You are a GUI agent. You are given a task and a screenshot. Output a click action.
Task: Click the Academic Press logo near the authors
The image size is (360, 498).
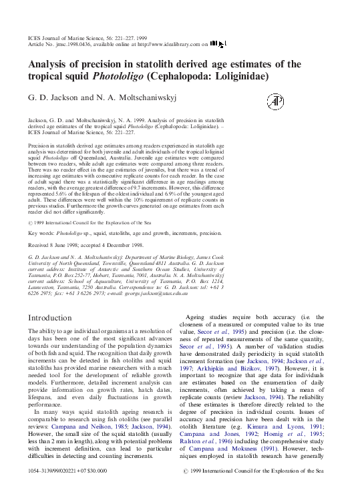click(x=275, y=101)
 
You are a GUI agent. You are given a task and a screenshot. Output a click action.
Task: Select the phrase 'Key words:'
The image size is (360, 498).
click(x=41, y=234)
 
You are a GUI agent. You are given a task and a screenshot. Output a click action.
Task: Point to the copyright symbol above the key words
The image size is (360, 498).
click(x=31, y=222)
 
